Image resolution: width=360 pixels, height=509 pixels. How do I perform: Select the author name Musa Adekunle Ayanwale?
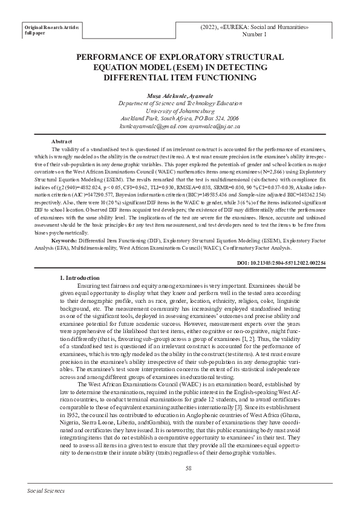point(180,96)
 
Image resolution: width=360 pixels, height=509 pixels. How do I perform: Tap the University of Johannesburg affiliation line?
point(180,112)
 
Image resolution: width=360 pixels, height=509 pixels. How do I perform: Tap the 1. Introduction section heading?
point(84,277)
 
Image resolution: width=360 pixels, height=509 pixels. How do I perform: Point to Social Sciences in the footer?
point(46,492)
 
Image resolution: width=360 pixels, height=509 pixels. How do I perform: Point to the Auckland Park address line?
point(180,119)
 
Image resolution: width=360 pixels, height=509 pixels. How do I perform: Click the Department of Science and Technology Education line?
point(180,104)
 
